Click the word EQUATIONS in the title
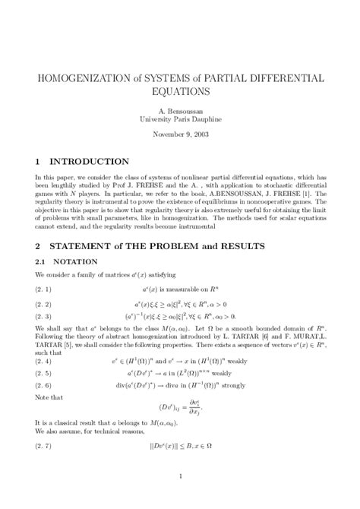click(180, 91)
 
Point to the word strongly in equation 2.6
click(247, 387)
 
